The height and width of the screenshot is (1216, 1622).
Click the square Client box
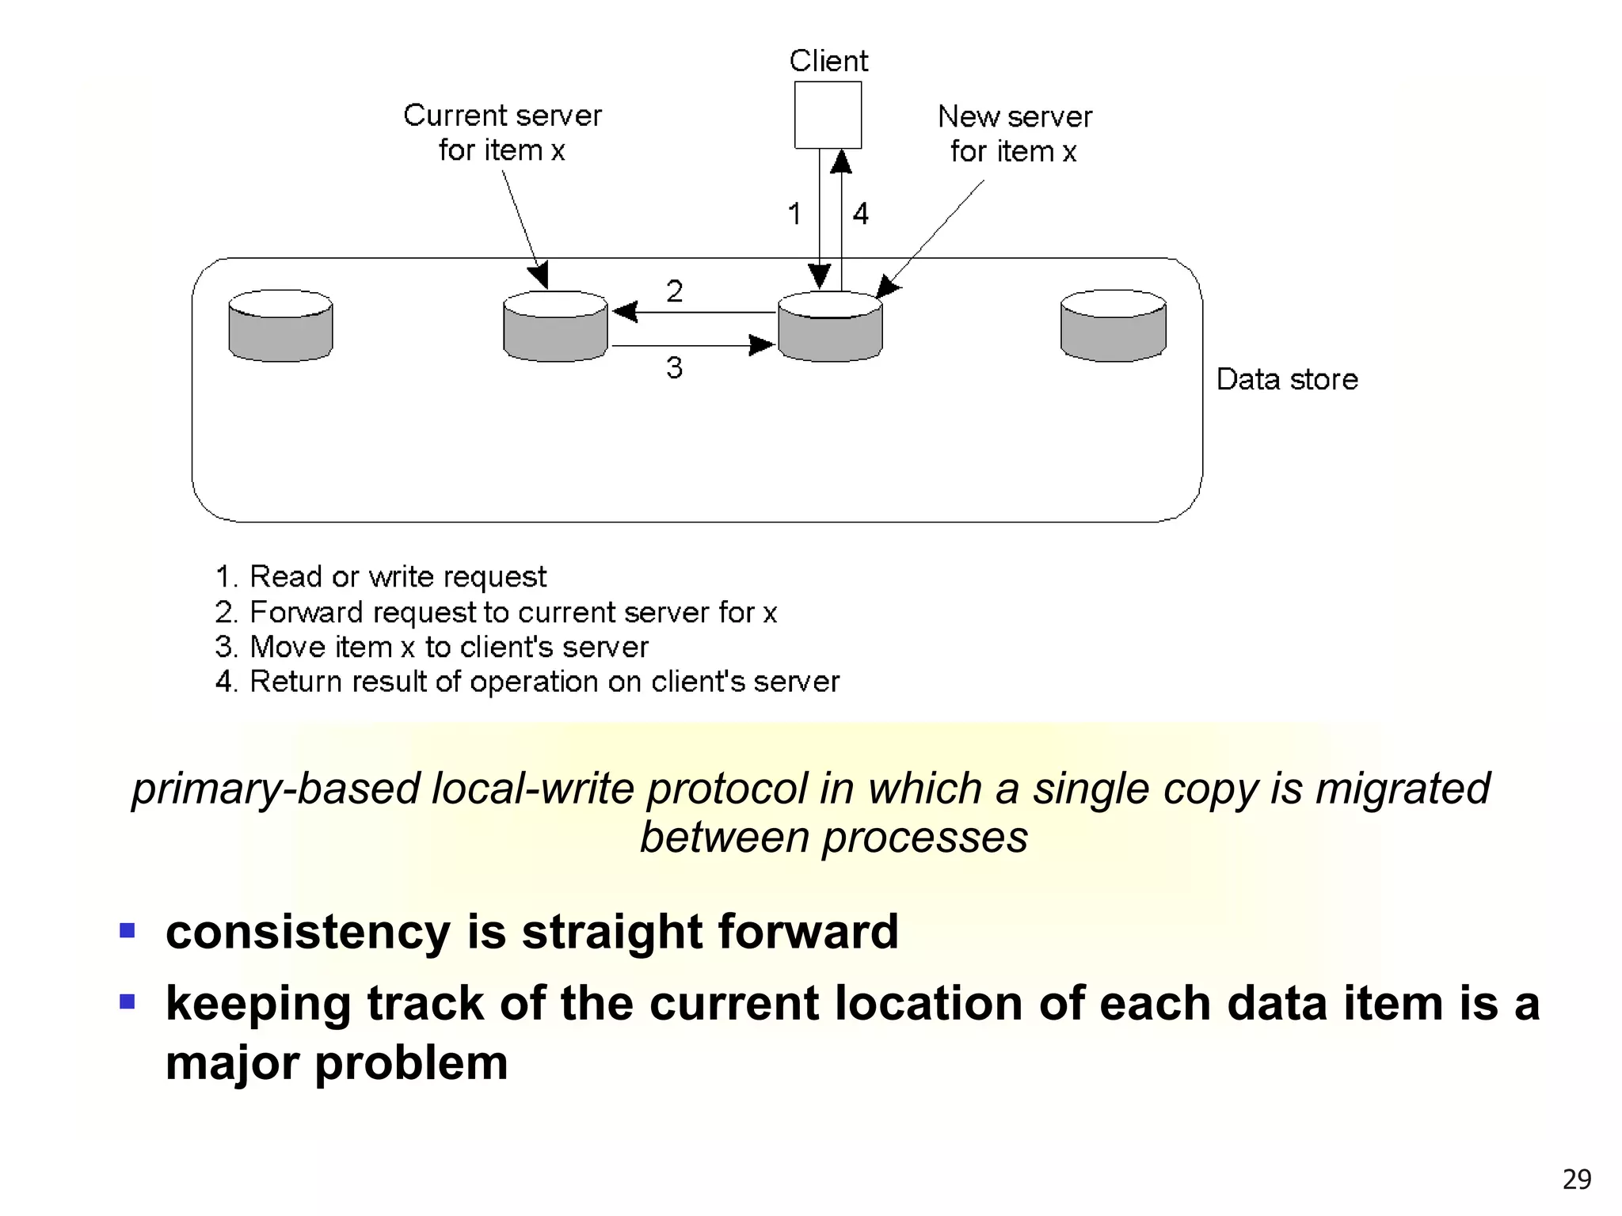click(x=828, y=115)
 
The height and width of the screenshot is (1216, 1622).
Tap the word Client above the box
click(x=828, y=61)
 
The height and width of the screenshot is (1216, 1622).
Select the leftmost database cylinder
click(x=280, y=326)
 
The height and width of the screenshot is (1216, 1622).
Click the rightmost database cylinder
click(x=1113, y=326)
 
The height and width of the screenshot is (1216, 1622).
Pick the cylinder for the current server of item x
click(x=555, y=328)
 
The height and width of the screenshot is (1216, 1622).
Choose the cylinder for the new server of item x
click(x=830, y=328)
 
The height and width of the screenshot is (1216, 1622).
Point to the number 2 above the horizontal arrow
click(x=674, y=291)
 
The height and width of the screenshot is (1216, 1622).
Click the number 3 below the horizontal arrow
click(x=674, y=368)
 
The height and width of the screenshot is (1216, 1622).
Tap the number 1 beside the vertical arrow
click(x=794, y=214)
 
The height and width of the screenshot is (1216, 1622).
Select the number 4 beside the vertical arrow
click(x=861, y=214)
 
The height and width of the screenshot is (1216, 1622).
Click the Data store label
click(x=1287, y=379)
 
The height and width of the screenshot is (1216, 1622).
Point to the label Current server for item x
click(x=502, y=132)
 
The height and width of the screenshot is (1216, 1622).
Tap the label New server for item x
click(x=1015, y=133)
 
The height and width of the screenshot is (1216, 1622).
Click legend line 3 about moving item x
click(x=432, y=647)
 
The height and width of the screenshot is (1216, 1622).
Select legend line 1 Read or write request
click(x=381, y=576)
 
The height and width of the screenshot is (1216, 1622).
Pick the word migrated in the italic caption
click(x=1402, y=788)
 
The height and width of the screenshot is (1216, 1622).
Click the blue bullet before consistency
click(x=128, y=929)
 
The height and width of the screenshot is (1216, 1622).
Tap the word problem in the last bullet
click(x=411, y=1062)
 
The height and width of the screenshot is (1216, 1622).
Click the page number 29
click(x=1576, y=1180)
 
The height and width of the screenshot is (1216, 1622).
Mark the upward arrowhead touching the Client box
click(x=841, y=161)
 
